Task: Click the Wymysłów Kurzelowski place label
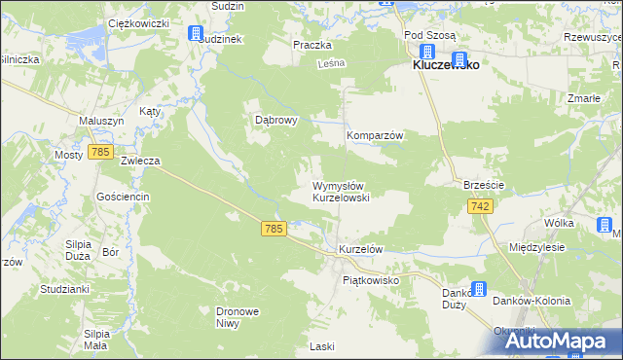tap(340, 191)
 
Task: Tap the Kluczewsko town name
tap(445, 65)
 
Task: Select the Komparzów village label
tap(376, 135)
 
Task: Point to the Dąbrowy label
tap(275, 120)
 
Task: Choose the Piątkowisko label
tap(372, 279)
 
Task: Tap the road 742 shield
tap(480, 206)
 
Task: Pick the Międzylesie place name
tap(537, 247)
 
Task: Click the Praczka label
tap(312, 45)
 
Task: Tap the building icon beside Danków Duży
tap(479, 289)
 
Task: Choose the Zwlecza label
tap(139, 161)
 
